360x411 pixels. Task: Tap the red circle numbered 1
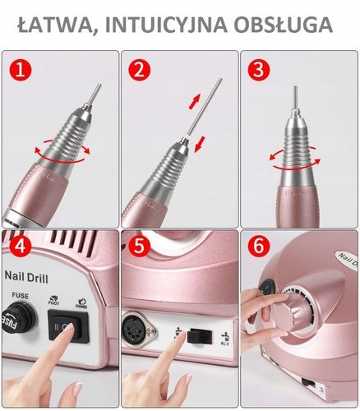(x=21, y=71)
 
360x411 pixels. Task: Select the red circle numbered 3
(x=261, y=71)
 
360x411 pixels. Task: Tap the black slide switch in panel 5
(x=196, y=335)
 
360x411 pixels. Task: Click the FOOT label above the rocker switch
(x=55, y=302)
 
